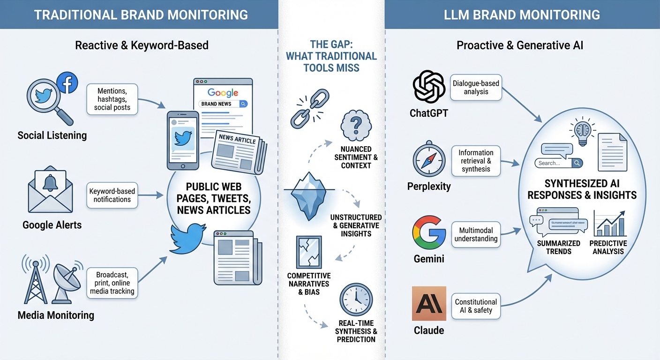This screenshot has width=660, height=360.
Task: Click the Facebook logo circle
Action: pos(67,83)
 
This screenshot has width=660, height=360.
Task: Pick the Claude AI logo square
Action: pos(428,304)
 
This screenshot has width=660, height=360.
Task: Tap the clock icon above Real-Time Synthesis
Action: pos(356,300)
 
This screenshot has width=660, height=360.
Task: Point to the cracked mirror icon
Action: pos(309,253)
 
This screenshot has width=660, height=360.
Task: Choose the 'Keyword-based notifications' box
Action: pos(112,195)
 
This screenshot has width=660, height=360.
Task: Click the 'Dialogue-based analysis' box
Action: pos(476,88)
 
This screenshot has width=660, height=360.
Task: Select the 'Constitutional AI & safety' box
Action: pos(476,306)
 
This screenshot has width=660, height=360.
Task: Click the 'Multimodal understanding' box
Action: pos(476,234)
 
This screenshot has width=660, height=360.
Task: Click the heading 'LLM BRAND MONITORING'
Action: pos(522,15)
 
